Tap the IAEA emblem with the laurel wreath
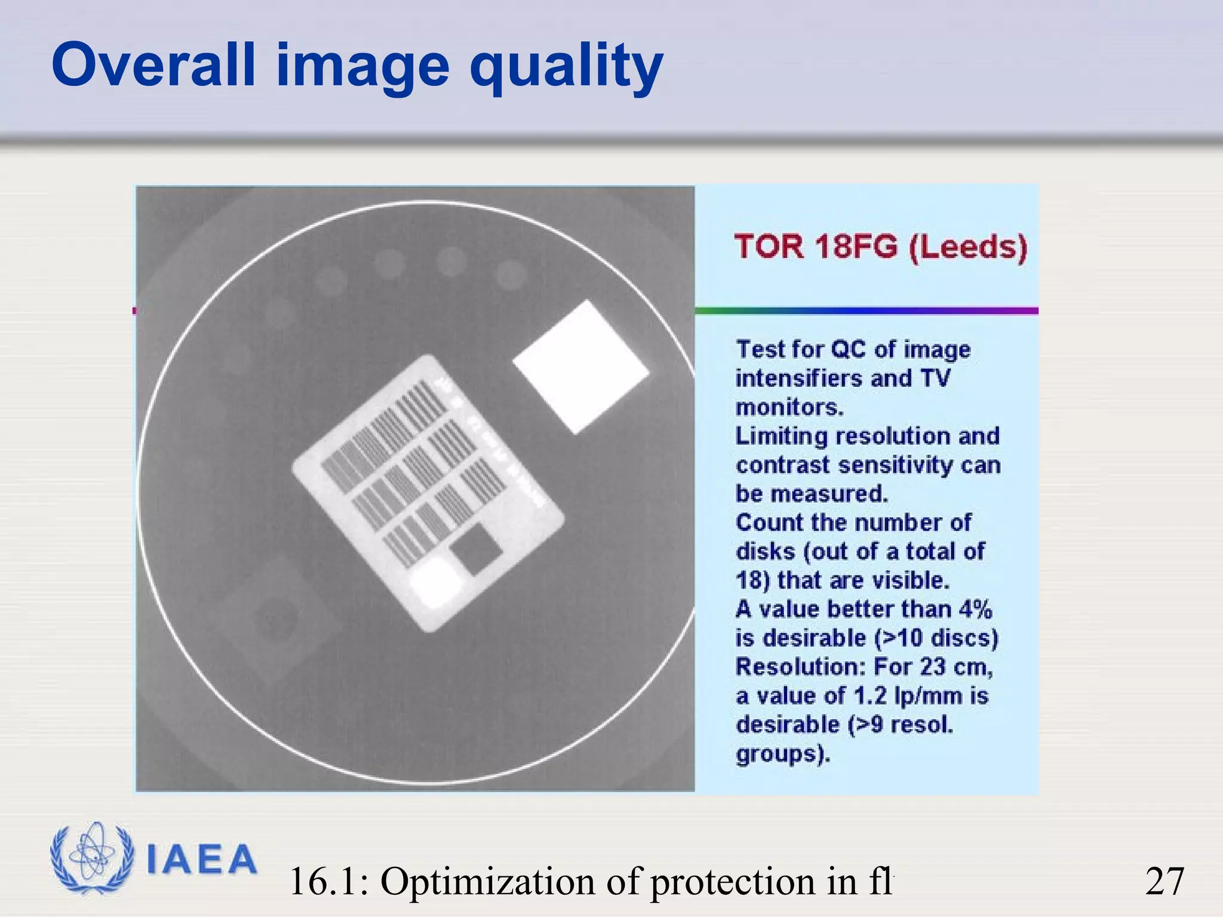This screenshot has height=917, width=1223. [x=91, y=858]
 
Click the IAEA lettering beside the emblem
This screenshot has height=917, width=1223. [x=201, y=860]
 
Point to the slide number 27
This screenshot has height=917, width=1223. [x=1164, y=881]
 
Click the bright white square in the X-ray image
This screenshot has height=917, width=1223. [x=580, y=367]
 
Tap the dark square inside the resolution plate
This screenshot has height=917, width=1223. [x=476, y=549]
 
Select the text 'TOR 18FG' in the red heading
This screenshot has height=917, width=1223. [x=816, y=246]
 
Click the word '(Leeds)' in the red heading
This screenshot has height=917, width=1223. [x=967, y=247]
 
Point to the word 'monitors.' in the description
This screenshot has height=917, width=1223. [x=789, y=407]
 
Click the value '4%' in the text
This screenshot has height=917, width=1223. [x=975, y=609]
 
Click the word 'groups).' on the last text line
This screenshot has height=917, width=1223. [x=783, y=753]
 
